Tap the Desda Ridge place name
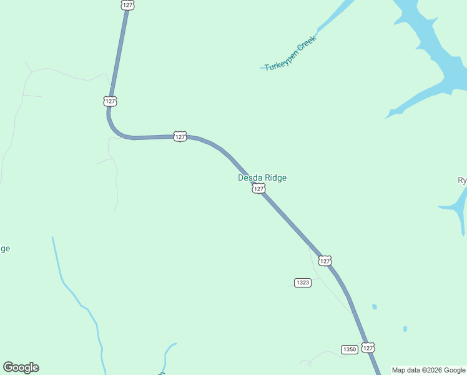262,177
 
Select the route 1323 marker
303,282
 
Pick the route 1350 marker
350,349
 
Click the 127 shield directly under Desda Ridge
258,188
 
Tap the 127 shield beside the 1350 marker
368,347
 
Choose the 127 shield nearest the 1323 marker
325,260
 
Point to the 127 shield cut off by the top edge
128,4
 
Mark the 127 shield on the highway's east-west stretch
180,136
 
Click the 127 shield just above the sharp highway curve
111,101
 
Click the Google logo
21,367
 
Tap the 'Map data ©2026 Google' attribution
428,370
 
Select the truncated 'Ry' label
462,181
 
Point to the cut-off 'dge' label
4,249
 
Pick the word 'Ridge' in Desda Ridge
275,177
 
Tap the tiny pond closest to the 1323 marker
374,307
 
